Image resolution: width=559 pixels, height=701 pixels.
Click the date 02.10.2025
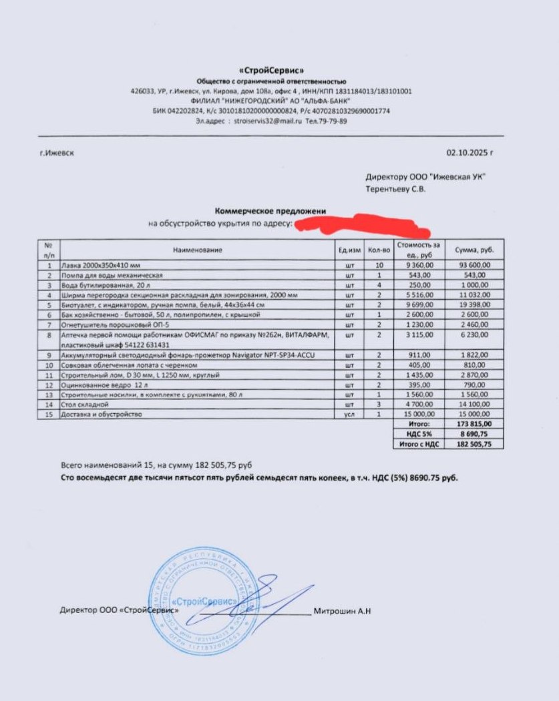[470, 153]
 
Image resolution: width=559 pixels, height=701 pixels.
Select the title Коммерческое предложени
[270, 211]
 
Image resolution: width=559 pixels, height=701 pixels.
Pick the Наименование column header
[197, 250]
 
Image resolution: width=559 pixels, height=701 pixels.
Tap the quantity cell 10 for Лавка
[379, 265]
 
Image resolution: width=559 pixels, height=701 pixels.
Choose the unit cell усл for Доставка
[349, 414]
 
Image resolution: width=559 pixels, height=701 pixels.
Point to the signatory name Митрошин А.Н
[342, 610]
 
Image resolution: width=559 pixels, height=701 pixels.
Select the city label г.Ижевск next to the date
[57, 153]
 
